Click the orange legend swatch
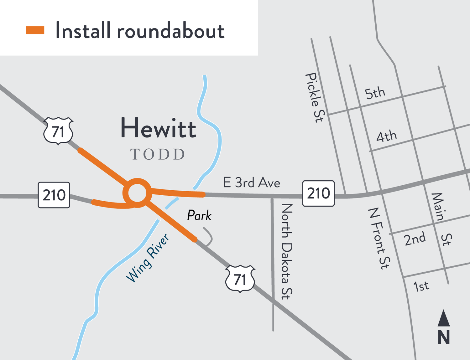(x=35, y=30)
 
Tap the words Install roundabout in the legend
(x=140, y=31)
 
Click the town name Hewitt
(x=158, y=128)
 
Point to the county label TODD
(x=158, y=154)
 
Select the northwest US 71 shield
(x=58, y=131)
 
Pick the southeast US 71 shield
(x=240, y=279)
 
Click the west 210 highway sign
(x=54, y=195)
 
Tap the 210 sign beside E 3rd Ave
(x=318, y=193)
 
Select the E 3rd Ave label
(x=252, y=183)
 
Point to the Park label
(x=199, y=216)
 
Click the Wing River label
(x=148, y=258)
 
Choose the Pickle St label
(x=314, y=97)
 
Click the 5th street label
(x=375, y=93)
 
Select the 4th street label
(x=386, y=136)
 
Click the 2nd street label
(x=415, y=239)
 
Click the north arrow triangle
(x=444, y=318)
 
